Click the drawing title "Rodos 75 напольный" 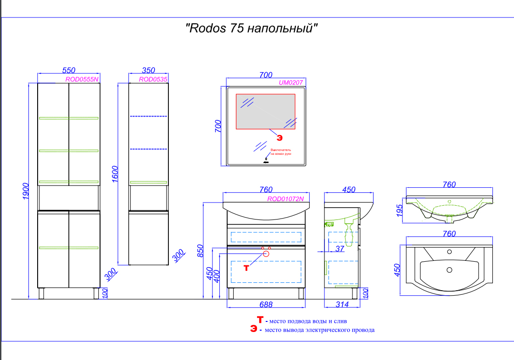pos(251,28)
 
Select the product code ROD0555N pos(82,79)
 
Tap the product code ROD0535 pos(153,79)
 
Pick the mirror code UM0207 pos(291,83)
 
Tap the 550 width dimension pos(68,70)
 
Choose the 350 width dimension pos(148,70)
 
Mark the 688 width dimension pos(266,304)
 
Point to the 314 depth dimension pos(342,304)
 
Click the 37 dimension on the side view pos(340,249)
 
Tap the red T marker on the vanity pos(246,268)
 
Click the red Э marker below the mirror pos(279,136)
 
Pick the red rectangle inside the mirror pos(266,112)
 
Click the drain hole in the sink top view pos(449,270)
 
